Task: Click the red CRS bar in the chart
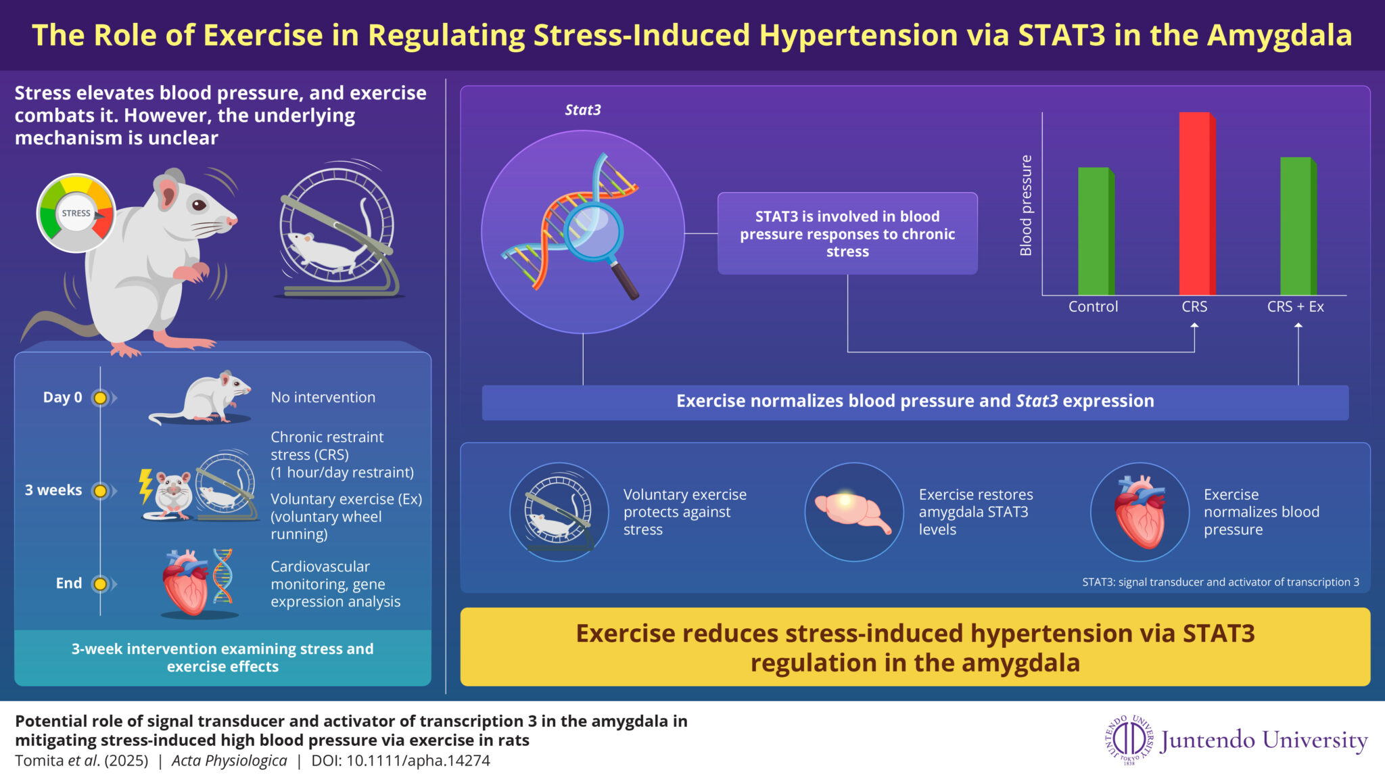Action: pos(1197,204)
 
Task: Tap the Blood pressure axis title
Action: pos(1026,206)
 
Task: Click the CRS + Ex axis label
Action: pos(1295,307)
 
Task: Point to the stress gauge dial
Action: pos(76,213)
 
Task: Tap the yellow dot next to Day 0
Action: pos(100,398)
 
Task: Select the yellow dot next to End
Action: pos(100,584)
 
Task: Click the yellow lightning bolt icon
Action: pos(145,486)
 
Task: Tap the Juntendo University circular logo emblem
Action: pos(1129,740)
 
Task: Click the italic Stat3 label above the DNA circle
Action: pos(583,110)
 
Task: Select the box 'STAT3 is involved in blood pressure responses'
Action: pos(847,233)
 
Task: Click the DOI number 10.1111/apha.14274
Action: pos(418,761)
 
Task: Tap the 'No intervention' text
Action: pos(323,398)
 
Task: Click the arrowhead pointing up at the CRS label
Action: pos(1194,327)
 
